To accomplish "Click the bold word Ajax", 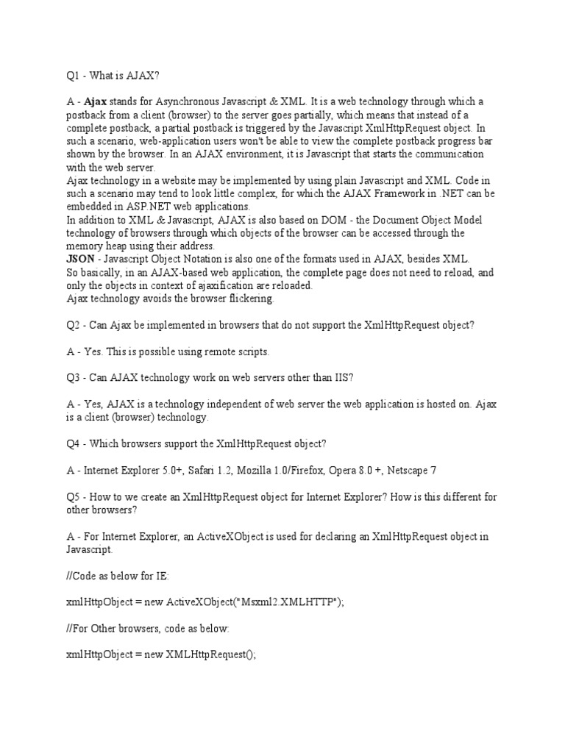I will pos(95,102).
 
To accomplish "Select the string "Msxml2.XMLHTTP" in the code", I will pos(285,602).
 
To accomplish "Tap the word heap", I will pos(117,246).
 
